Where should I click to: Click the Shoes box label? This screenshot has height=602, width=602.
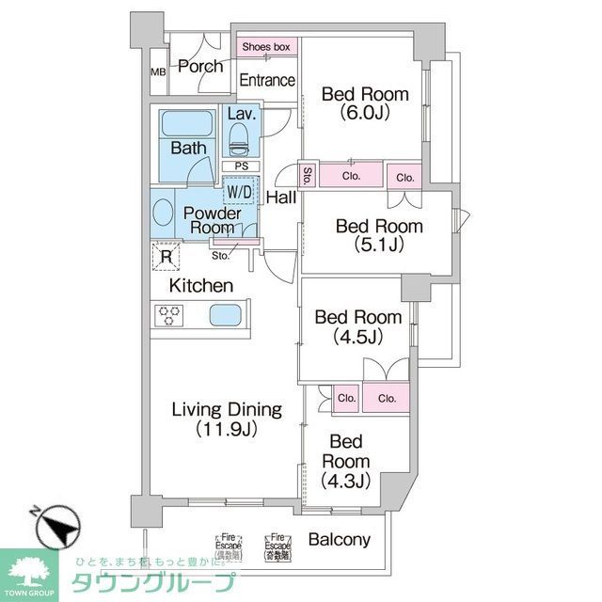click(266, 46)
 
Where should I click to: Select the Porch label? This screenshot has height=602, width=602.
click(200, 66)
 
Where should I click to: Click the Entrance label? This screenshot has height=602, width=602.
click(267, 81)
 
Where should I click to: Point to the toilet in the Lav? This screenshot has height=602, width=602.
click(240, 142)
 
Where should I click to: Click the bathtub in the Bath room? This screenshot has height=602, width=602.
click(188, 126)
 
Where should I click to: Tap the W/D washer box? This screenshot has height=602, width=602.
click(237, 192)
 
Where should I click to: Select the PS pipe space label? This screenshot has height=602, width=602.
click(241, 166)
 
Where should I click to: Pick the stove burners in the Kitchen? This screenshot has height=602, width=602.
click(169, 315)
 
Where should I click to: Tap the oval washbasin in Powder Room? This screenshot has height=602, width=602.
click(161, 214)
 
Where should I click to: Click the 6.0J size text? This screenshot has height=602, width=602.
click(366, 113)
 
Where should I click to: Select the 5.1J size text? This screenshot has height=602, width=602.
click(379, 246)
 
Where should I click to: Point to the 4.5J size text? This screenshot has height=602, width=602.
click(357, 336)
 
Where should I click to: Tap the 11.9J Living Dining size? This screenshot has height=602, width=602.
click(226, 429)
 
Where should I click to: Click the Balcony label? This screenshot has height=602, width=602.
click(339, 541)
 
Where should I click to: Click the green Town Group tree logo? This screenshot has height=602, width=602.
click(28, 569)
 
